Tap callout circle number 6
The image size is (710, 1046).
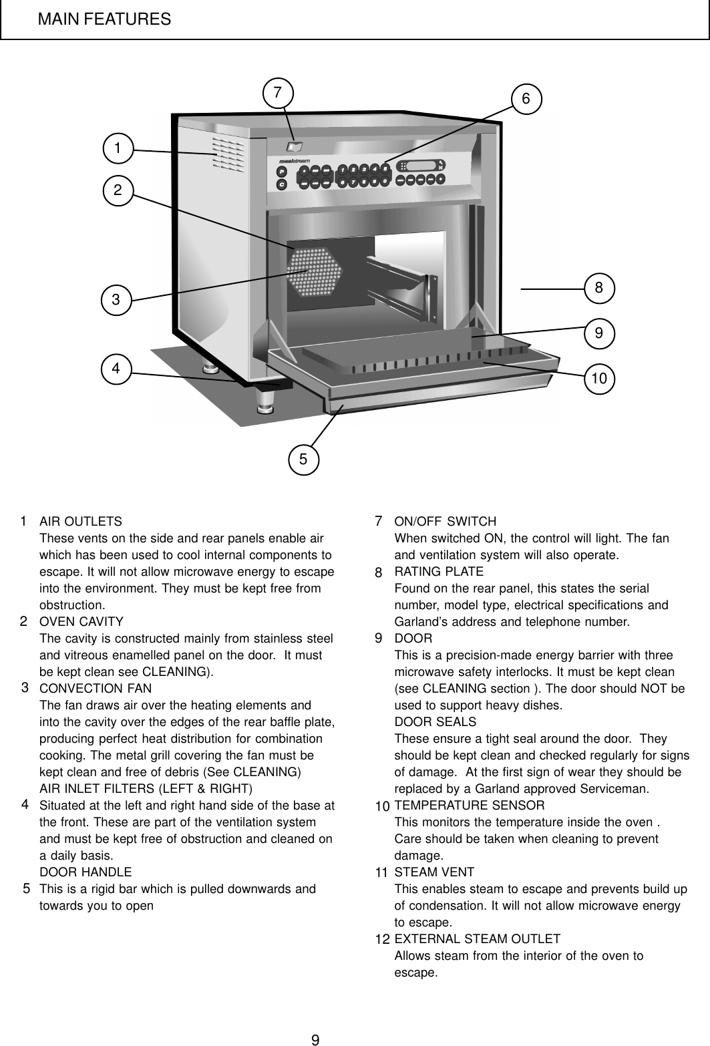(526, 99)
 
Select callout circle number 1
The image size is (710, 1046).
(118, 148)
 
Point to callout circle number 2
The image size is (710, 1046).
(118, 190)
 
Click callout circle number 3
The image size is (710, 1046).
(117, 300)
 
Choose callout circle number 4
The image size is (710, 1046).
(117, 368)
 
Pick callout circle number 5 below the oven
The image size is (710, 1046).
(304, 459)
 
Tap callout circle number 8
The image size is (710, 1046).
(599, 288)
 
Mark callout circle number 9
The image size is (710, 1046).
(599, 331)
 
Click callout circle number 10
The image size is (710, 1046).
(599, 379)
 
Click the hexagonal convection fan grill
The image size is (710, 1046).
(314, 273)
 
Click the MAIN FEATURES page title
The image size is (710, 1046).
(104, 19)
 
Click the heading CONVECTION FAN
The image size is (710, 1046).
(96, 689)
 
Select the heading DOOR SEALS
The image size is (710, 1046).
(435, 722)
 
